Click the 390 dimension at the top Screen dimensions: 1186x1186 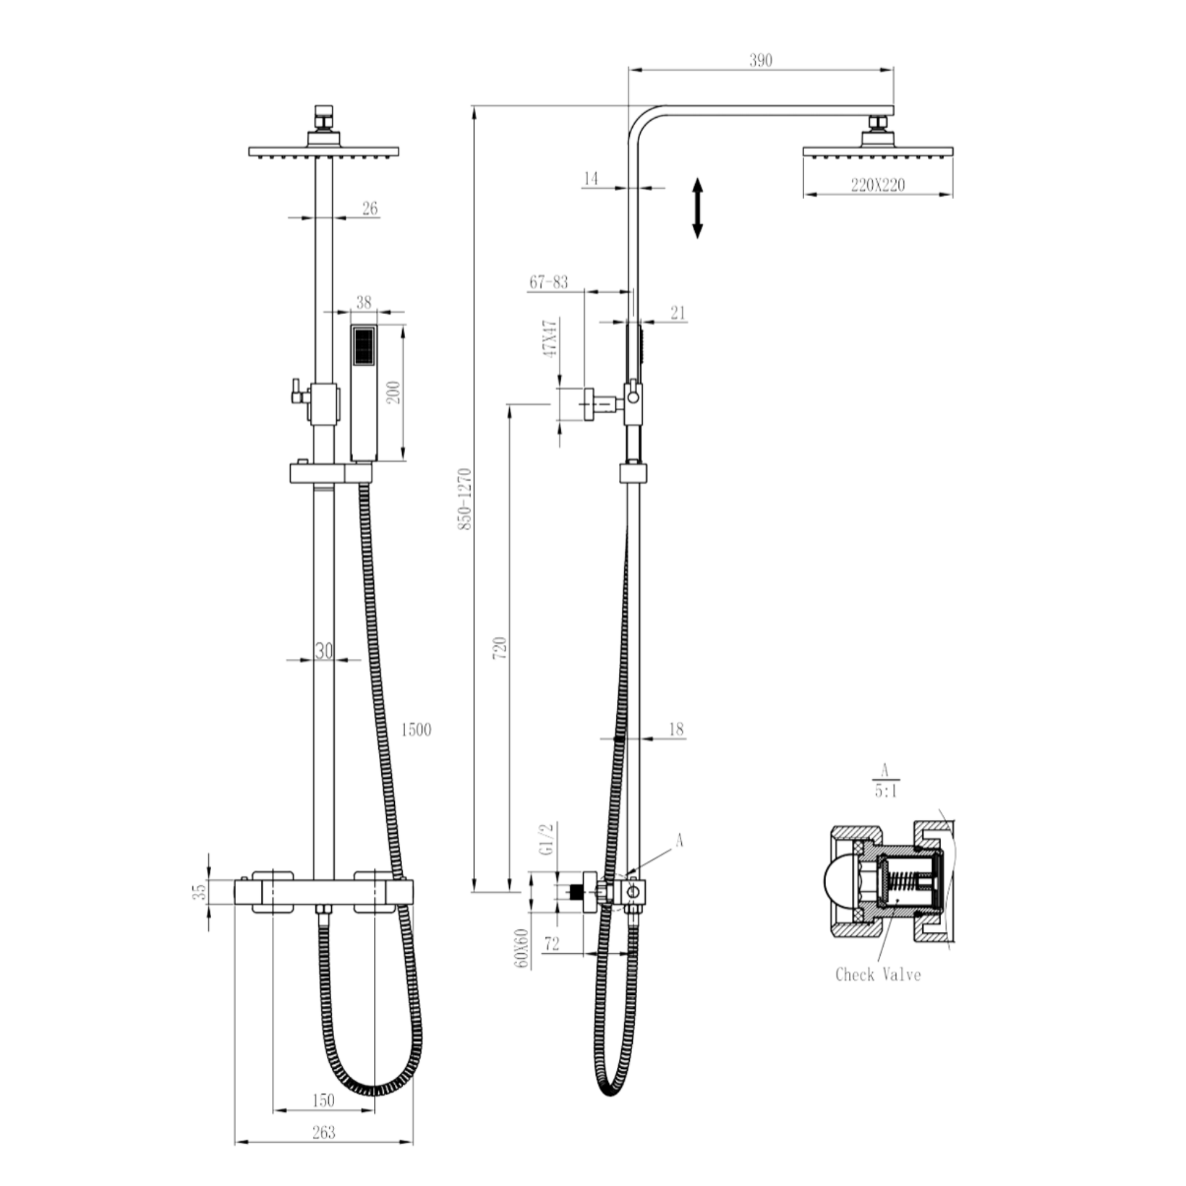[x=761, y=60]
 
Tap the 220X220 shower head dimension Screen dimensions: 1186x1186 [x=877, y=185]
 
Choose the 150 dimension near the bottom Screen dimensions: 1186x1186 [x=323, y=1100]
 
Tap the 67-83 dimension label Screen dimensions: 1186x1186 [x=548, y=282]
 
